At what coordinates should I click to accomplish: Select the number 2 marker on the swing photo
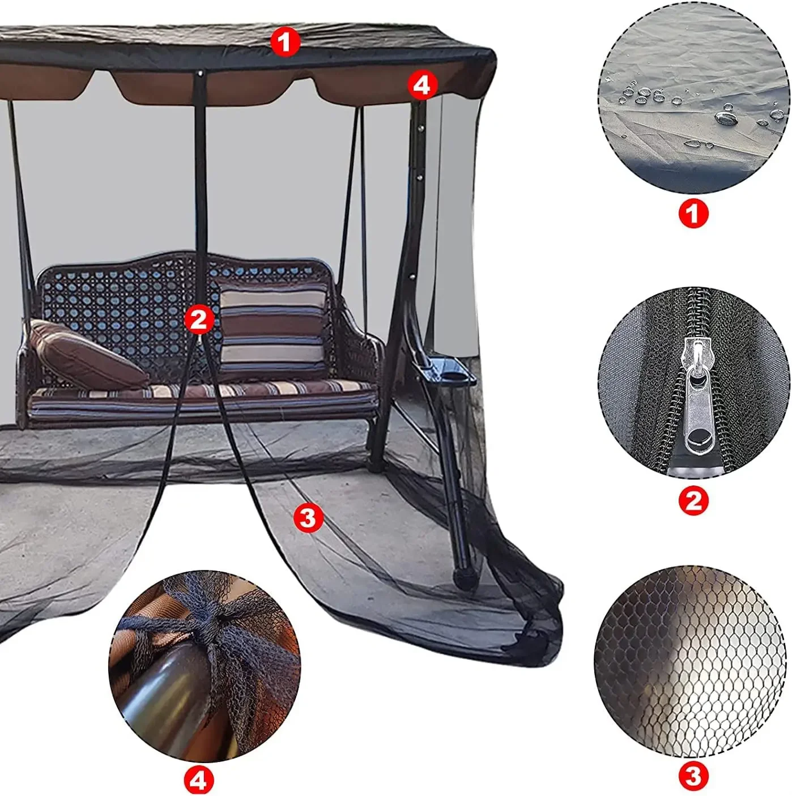pos(199,320)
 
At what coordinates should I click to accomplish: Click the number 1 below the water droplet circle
pos(693,214)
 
